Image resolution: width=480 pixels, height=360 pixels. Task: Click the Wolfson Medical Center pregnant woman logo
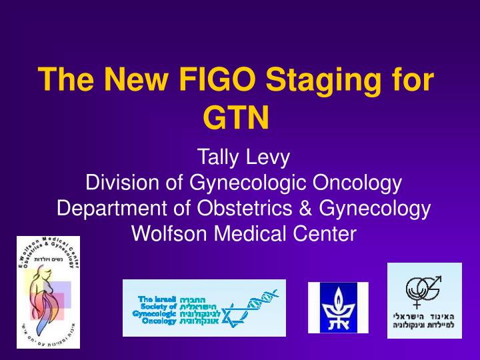click(48, 292)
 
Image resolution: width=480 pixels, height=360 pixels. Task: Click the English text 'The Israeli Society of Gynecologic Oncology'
click(155, 309)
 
